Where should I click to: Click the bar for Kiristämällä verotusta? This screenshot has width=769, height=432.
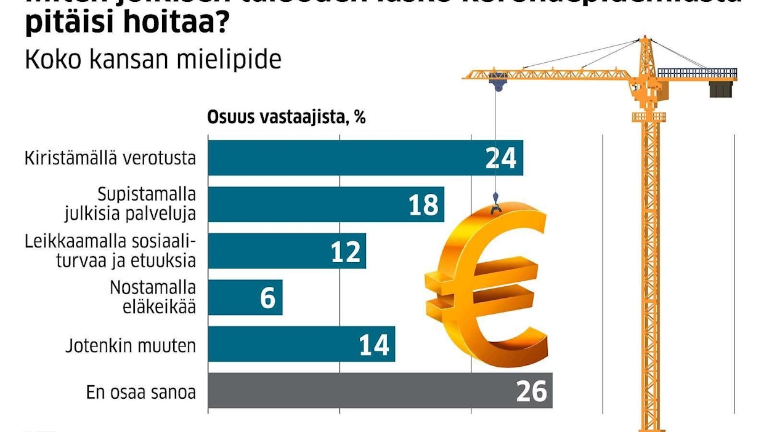tap(345, 158)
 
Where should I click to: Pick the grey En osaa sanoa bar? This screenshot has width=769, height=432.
tap(357, 391)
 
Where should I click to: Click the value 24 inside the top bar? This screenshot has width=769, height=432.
tap(500, 159)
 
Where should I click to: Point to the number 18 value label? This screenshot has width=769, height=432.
tap(423, 205)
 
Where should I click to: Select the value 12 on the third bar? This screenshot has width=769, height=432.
tap(345, 252)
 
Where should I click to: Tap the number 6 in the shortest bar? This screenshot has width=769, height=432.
tap(267, 298)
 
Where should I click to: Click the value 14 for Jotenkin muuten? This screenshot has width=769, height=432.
tap(374, 345)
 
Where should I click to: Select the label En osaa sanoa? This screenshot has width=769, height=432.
tap(142, 392)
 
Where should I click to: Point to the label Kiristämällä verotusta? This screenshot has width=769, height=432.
tap(110, 158)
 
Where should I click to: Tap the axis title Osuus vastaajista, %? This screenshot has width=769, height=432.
tap(287, 118)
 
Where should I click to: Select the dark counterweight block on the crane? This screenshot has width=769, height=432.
tap(719, 89)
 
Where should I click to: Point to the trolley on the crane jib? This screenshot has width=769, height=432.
tap(497, 79)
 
